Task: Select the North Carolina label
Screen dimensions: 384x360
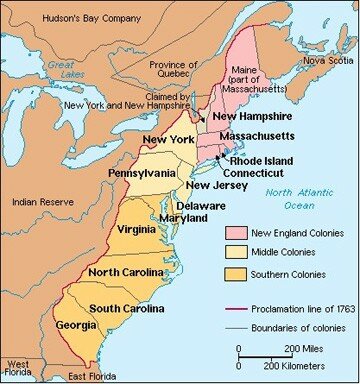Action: tap(132, 272)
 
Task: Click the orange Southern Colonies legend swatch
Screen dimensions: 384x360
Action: tap(232, 272)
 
